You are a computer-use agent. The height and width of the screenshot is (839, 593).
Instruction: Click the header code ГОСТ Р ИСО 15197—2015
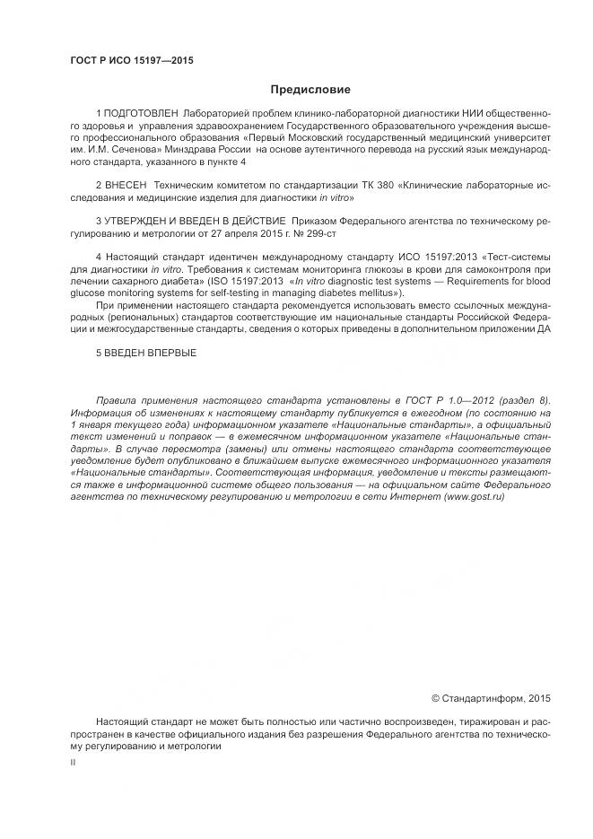pyautogui.click(x=132, y=61)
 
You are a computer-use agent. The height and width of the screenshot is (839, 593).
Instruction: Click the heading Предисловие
pyautogui.click(x=310, y=90)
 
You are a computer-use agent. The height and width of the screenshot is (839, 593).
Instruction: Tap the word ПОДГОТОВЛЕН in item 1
pyautogui.click(x=139, y=115)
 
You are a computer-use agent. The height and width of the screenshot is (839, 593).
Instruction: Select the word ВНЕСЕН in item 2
pyautogui.click(x=125, y=183)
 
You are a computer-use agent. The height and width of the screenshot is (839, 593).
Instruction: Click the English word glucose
pyautogui.click(x=88, y=293)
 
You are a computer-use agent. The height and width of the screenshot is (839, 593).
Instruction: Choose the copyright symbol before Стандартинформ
pyautogui.click(x=437, y=697)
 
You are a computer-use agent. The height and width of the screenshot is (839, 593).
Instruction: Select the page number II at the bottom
pyautogui.click(x=73, y=761)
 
